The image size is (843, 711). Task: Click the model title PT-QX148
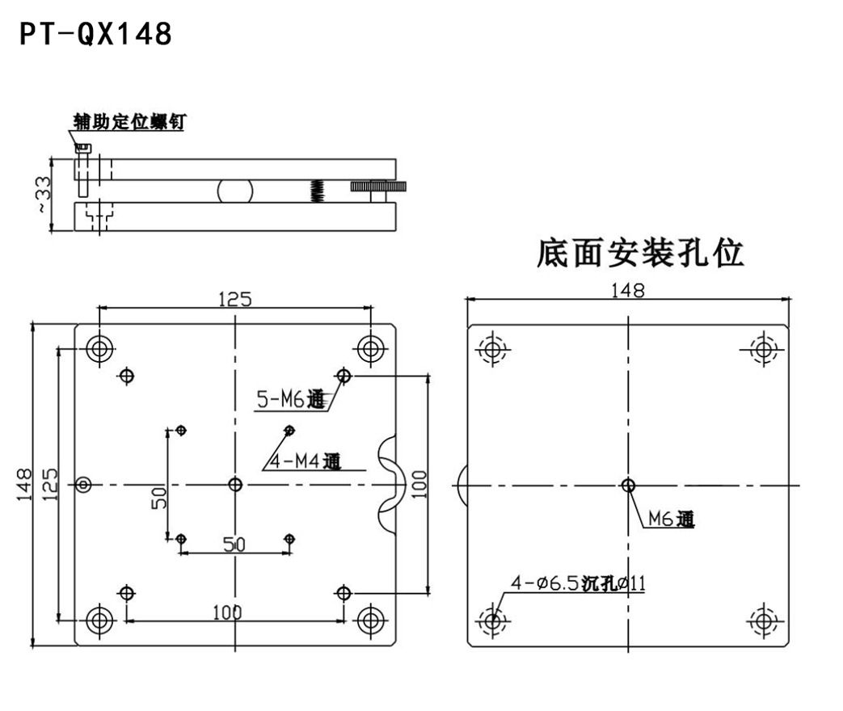click(96, 34)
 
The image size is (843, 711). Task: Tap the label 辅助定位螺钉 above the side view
click(129, 122)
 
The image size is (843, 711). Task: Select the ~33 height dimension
click(43, 193)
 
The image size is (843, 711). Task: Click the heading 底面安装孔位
click(640, 254)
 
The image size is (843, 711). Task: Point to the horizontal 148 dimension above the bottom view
click(628, 290)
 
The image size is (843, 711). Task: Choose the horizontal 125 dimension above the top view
click(234, 299)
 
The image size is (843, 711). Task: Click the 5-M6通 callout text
click(290, 399)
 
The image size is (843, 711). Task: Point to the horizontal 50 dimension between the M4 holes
click(234, 544)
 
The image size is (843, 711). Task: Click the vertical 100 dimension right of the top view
click(419, 484)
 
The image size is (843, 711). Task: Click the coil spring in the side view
click(318, 190)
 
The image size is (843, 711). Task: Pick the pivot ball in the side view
click(235, 190)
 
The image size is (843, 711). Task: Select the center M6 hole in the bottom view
click(629, 485)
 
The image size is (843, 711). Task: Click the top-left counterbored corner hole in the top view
click(100, 349)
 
